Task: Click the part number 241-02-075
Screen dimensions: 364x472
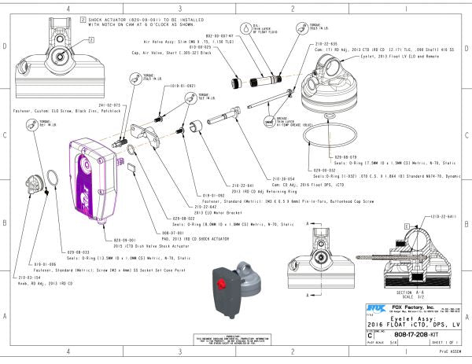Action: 109,105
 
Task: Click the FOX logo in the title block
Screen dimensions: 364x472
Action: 374,308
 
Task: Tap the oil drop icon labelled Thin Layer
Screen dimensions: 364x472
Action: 245,28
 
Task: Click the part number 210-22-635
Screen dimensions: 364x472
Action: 326,43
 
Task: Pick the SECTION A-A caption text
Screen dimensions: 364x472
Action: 399,291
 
